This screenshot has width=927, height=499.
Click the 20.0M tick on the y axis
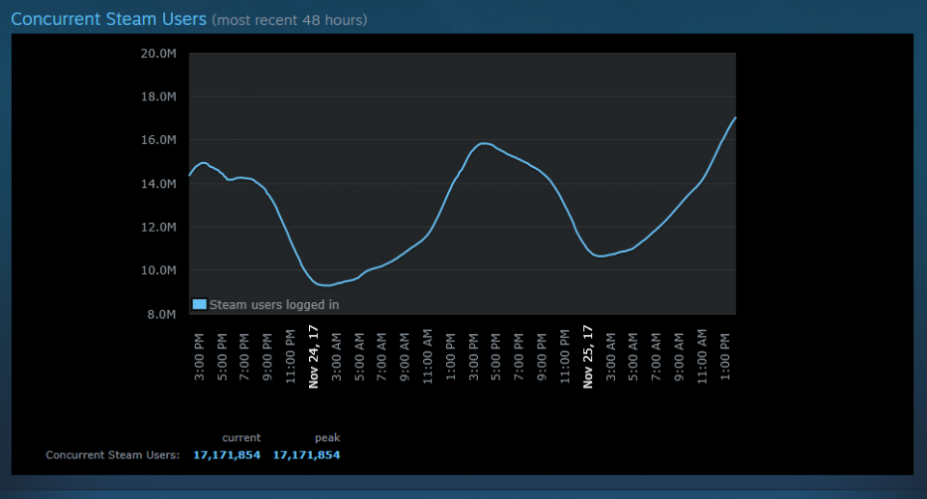159,53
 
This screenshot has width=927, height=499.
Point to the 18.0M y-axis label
159,97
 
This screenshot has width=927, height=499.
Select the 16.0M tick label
159,140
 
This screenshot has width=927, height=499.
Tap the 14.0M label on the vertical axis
159,183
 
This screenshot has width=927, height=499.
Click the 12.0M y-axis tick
159,227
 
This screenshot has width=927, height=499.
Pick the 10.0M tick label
159,270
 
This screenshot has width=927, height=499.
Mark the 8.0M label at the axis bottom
162,314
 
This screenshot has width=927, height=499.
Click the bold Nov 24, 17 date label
314,356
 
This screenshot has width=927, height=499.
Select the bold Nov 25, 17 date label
587,356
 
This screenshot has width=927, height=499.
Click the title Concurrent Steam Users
108,18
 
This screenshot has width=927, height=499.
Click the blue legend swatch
199,304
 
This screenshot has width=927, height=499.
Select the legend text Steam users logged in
274,305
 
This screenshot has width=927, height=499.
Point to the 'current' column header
241,437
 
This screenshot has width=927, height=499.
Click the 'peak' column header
326,437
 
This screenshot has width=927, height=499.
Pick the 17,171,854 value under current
227,455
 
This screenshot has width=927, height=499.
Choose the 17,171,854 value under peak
306,455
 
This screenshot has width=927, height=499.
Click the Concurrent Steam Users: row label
113,455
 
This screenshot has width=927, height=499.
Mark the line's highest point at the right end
735,118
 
